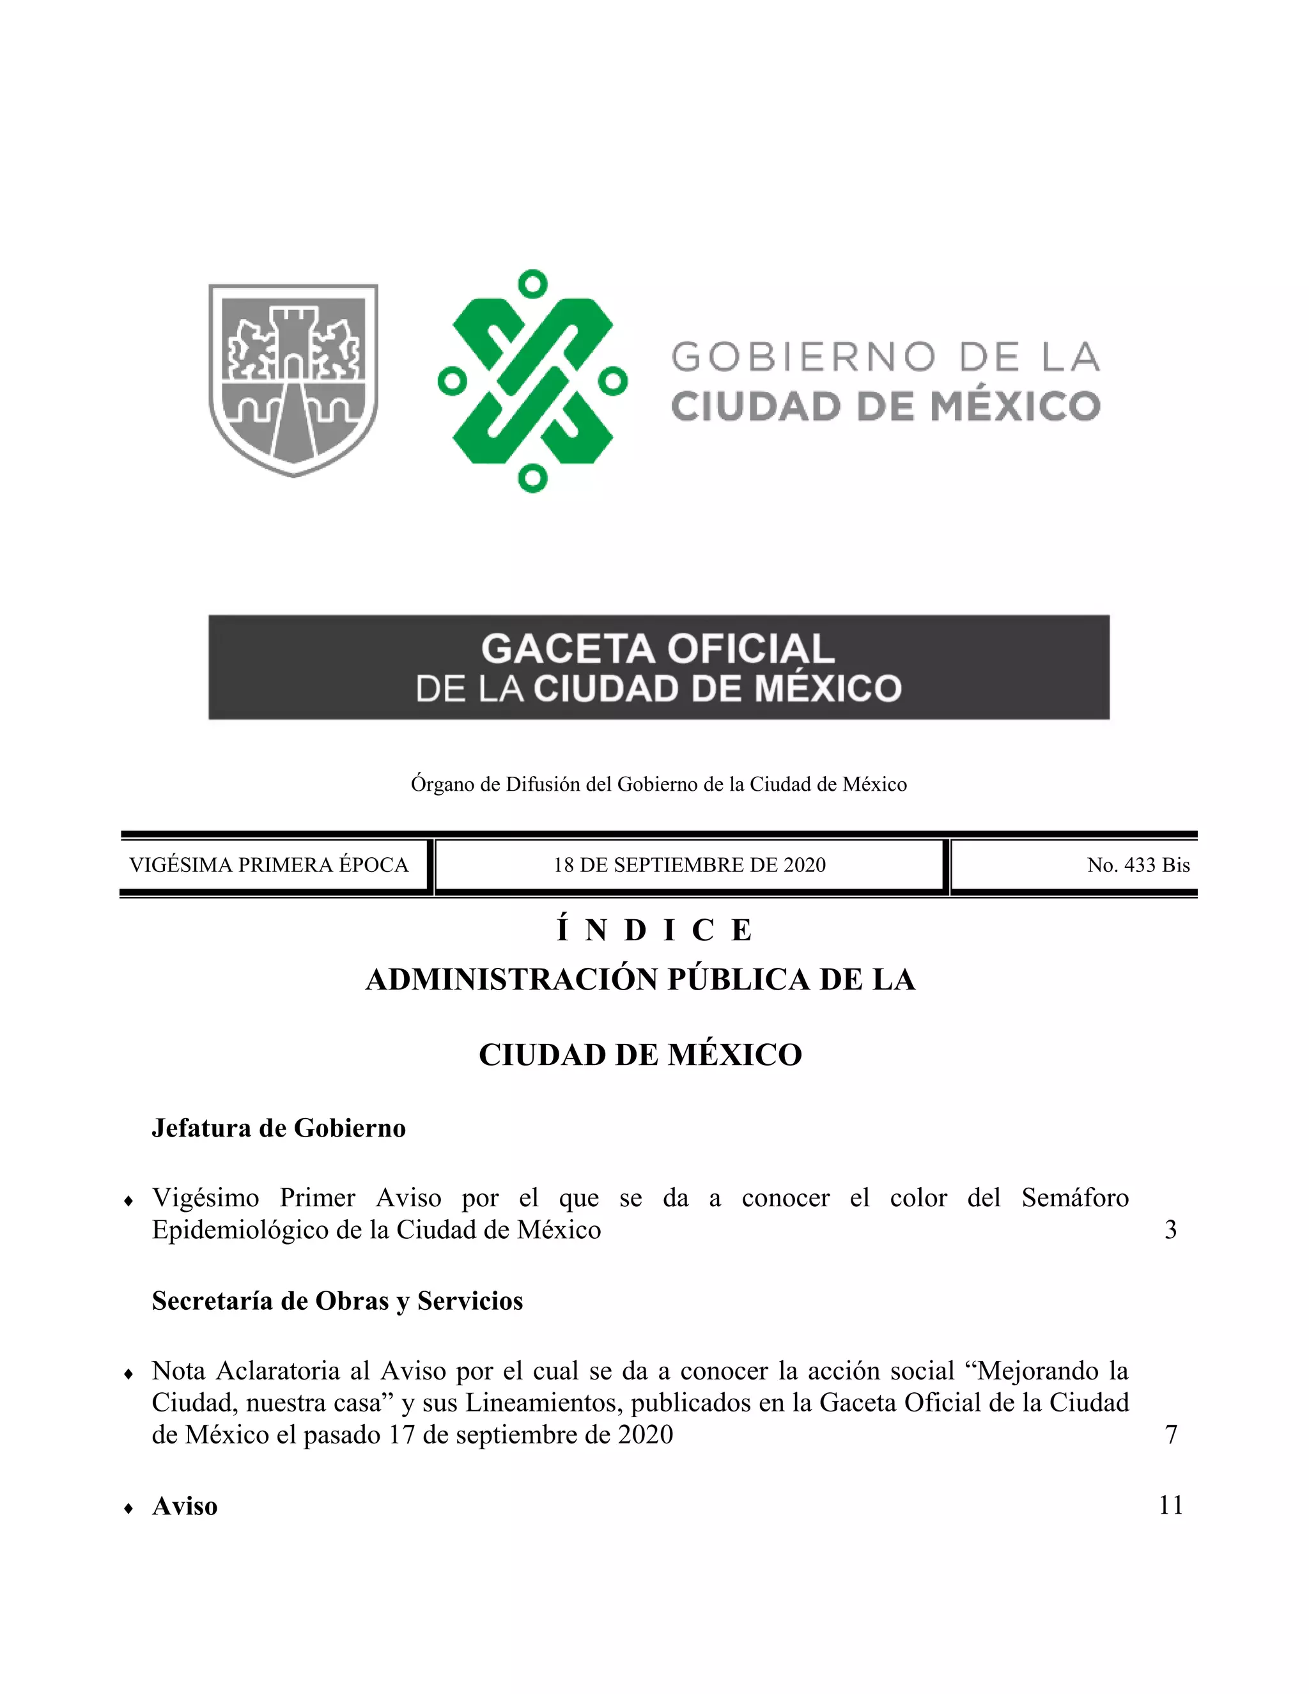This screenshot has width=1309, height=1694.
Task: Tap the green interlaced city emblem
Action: [x=532, y=380]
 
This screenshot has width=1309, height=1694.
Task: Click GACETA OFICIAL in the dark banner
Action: [x=658, y=648]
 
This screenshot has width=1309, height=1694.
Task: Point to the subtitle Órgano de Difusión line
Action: [x=658, y=784]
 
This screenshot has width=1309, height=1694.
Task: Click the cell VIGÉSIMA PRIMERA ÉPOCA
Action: [x=268, y=865]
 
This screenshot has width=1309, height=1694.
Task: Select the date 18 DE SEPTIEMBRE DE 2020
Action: [x=690, y=865]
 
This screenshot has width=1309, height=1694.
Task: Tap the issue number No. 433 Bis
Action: [x=1138, y=865]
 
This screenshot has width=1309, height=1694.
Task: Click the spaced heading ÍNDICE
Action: [x=655, y=930]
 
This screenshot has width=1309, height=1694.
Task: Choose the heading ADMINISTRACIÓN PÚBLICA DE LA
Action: [x=640, y=979]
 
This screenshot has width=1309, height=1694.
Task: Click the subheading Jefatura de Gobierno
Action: [x=279, y=1128]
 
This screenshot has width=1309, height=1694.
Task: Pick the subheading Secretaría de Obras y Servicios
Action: [x=337, y=1301]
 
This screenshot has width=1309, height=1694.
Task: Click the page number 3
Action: [x=1170, y=1229]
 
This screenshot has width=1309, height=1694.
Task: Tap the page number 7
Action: [x=1171, y=1435]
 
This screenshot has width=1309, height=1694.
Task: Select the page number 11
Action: [x=1170, y=1505]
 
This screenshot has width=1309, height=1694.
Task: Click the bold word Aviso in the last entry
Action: [x=185, y=1506]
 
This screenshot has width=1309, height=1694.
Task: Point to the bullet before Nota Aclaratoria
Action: [x=128, y=1374]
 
